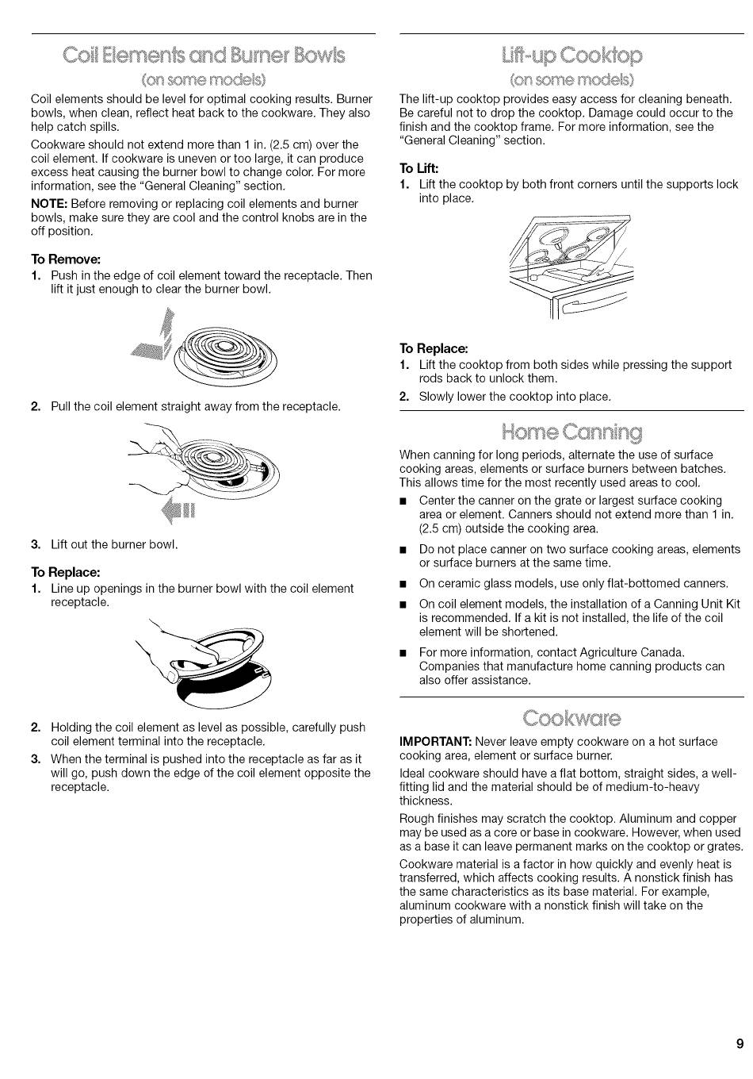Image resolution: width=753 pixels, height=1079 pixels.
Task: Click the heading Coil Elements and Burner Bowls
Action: click(x=204, y=56)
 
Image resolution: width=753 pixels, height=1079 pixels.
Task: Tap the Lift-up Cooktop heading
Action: click(x=571, y=56)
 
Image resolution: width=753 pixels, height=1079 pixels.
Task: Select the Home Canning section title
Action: click(x=571, y=432)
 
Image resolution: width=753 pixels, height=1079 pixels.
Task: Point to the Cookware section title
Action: click(x=571, y=718)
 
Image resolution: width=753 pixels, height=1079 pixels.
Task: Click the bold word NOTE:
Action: click(x=49, y=204)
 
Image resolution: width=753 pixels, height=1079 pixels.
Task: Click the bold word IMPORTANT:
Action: click(x=435, y=741)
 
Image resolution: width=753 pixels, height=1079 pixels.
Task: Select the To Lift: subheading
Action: click(x=419, y=168)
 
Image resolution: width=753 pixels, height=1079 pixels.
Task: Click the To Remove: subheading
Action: click(x=66, y=259)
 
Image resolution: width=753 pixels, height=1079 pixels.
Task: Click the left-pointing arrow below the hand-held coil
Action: click(x=178, y=510)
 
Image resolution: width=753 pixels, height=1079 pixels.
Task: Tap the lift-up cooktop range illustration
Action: click(x=571, y=267)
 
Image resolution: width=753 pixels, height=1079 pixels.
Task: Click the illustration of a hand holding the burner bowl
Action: click(x=202, y=662)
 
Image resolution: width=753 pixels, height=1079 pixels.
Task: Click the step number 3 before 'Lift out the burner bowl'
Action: click(x=35, y=545)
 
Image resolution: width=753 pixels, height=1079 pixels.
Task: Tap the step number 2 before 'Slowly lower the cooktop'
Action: click(x=403, y=397)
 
